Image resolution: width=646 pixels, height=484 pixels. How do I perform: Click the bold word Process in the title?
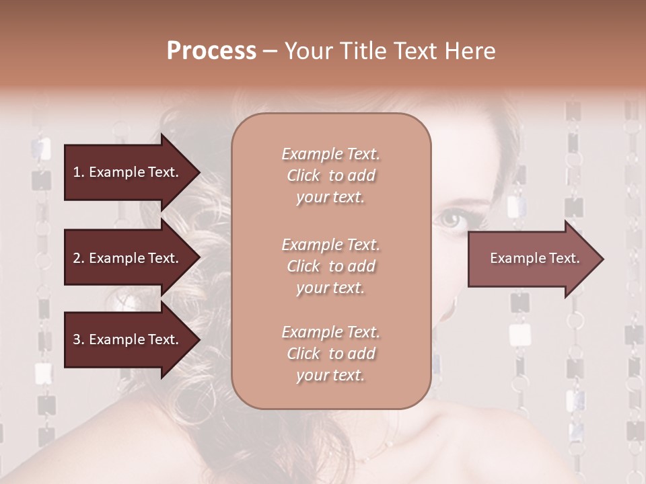(211, 51)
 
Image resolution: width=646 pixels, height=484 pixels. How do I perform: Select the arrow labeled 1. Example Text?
(128, 172)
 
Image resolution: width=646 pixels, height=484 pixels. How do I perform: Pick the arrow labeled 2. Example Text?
(128, 258)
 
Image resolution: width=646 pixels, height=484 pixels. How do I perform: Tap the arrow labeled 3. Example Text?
(128, 339)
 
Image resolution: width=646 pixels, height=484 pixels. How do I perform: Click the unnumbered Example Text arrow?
(532, 259)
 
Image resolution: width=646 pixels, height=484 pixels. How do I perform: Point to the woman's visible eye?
(452, 218)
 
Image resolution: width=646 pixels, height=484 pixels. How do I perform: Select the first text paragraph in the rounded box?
(330, 175)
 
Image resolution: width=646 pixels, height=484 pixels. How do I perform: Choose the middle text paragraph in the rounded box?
(330, 266)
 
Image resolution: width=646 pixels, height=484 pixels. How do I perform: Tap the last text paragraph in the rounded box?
(330, 354)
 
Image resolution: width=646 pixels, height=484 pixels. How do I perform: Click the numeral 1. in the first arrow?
(79, 172)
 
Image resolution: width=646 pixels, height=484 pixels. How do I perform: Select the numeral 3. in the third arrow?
(79, 339)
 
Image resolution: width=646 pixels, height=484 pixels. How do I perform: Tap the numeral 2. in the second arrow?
(79, 258)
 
